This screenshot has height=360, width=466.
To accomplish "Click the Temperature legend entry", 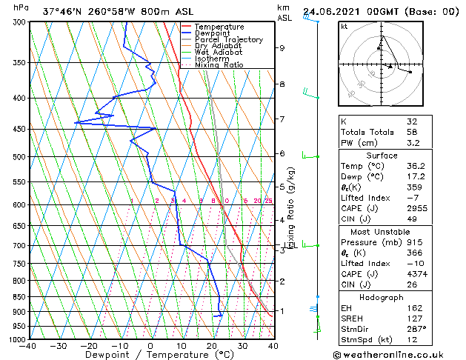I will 220,27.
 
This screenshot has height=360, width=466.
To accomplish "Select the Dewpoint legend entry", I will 215,33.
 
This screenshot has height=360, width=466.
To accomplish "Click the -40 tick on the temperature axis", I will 28,346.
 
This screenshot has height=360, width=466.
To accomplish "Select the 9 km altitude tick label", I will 282,48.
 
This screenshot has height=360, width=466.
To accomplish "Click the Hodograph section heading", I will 382,297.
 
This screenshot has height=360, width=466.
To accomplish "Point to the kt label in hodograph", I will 344,26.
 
